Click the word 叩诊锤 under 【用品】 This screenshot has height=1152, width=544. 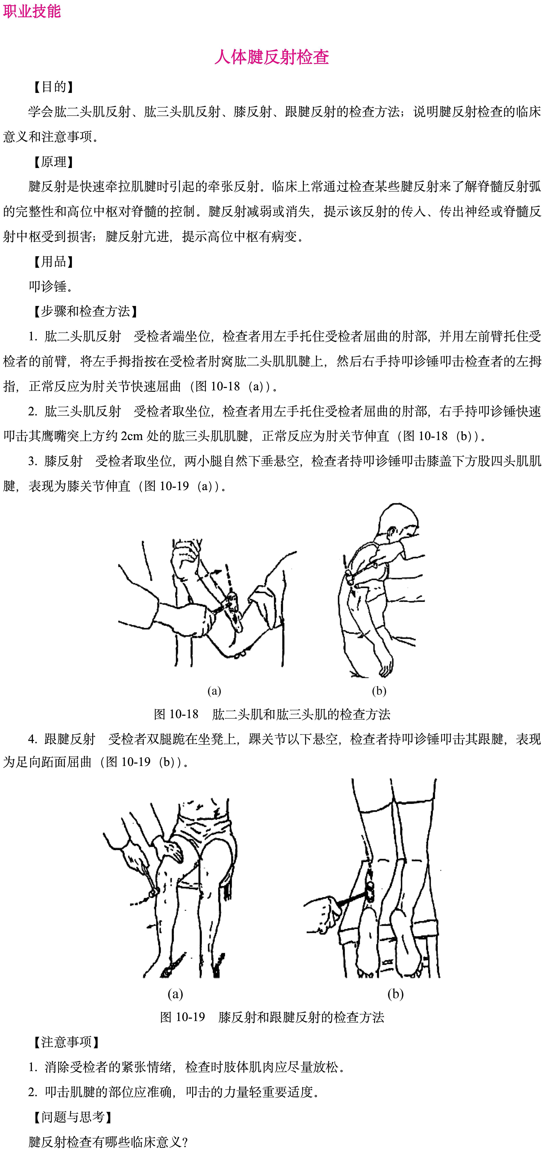click(51, 287)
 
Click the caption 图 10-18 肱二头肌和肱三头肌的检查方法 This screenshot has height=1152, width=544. click(272, 714)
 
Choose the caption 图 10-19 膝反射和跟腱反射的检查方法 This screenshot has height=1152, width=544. click(272, 1017)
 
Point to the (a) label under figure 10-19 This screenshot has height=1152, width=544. click(175, 994)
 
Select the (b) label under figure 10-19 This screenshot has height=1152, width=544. click(396, 994)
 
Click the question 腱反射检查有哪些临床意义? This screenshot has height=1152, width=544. click(108, 1142)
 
